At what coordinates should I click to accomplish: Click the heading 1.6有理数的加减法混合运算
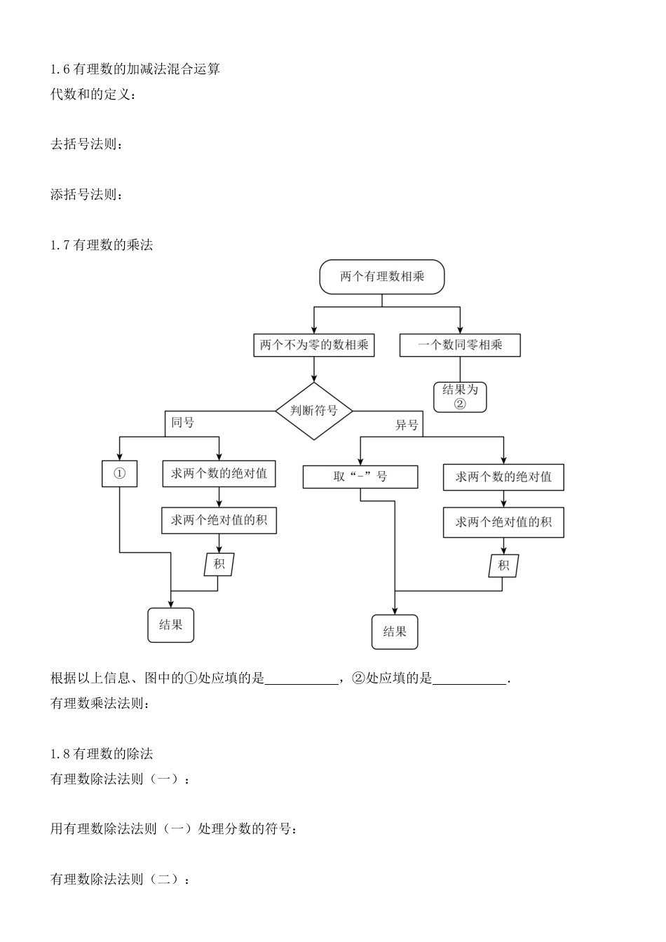(135, 69)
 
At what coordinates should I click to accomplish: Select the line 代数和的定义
(93, 94)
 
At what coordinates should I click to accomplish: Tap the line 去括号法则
(88, 144)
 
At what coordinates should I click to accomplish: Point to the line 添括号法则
(88, 194)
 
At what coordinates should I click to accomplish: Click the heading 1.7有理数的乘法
(102, 245)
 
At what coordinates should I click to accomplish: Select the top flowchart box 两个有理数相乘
(382, 277)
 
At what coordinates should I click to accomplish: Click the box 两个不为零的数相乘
(313, 345)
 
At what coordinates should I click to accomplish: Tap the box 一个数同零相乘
(460, 345)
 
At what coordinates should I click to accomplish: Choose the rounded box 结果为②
(460, 397)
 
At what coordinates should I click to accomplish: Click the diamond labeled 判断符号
(313, 411)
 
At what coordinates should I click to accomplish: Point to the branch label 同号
(183, 423)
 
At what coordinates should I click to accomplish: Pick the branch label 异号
(407, 425)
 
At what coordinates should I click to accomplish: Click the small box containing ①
(119, 474)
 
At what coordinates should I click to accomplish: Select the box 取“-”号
(360, 477)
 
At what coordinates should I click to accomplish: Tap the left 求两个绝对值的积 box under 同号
(219, 520)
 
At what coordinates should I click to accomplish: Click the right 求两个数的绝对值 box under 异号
(503, 477)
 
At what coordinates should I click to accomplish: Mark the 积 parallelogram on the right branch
(503, 566)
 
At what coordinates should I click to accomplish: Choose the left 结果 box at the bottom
(170, 624)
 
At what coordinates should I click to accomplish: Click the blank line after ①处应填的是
(301, 678)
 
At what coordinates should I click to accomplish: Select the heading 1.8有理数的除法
(102, 754)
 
